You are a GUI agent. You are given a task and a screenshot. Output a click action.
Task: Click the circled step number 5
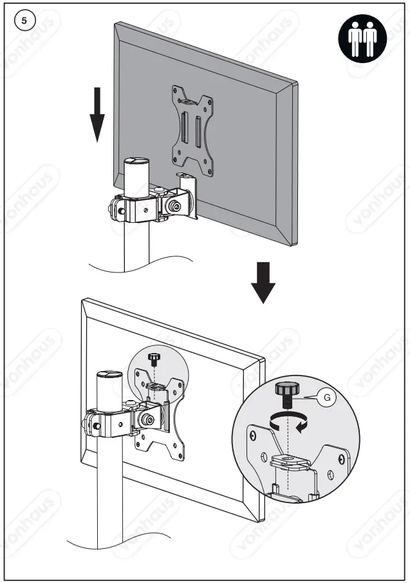pyautogui.click(x=24, y=20)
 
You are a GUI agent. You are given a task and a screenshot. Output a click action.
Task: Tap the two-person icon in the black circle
pyautogui.click(x=361, y=39)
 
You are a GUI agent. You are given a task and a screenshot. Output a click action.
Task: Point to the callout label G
pyautogui.click(x=327, y=397)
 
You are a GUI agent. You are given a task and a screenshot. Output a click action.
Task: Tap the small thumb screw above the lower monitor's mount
pyautogui.click(x=154, y=358)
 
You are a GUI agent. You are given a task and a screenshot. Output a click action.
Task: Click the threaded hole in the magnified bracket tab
pyautogui.click(x=290, y=460)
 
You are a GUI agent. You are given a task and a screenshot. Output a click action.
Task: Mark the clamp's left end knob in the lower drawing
pyautogui.click(x=88, y=424)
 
